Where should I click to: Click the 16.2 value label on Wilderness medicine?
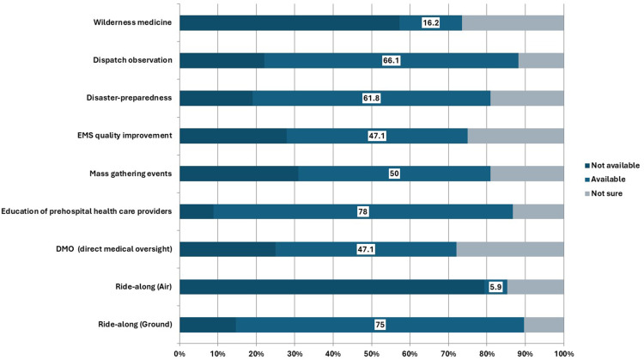430,22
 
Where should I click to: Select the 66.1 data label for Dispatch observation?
391,60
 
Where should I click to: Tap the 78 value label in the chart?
362,211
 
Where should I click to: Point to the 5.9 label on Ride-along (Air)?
495,287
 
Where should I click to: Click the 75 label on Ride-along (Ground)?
380,325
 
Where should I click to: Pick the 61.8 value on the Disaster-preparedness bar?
371,98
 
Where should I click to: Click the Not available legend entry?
612,165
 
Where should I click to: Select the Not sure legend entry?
604,193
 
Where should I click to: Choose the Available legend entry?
605,180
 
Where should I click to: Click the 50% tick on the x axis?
371,353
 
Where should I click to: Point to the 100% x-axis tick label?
563,353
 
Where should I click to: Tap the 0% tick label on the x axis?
179,353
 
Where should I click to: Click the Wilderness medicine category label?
132,22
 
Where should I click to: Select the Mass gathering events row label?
131,174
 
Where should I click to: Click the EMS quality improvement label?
125,136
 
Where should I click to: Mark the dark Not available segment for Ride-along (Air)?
333,287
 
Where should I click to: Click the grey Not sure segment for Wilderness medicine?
513,22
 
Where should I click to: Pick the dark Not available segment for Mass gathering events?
239,174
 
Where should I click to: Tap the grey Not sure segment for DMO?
510,249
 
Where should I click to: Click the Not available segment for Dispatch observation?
222,60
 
